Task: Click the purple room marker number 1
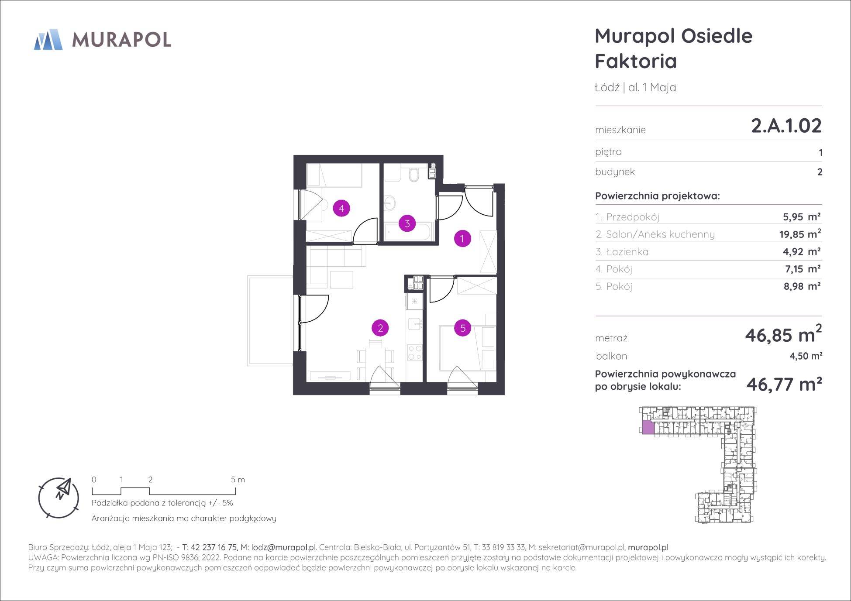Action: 462,238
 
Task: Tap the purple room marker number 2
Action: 380,328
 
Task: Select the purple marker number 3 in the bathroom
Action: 407,224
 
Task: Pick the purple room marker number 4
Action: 341,208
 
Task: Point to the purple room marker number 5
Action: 463,328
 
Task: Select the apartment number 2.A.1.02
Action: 786,126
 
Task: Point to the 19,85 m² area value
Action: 800,234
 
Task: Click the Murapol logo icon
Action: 48,39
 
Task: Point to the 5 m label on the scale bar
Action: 238,480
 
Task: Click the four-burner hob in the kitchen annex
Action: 414,353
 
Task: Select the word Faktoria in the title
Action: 636,61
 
